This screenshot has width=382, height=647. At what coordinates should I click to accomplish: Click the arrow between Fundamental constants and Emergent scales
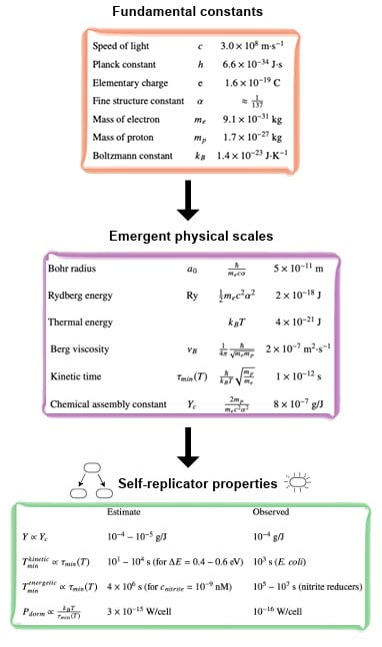coord(187,204)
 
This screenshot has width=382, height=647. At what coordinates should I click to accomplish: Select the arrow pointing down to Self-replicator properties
coord(187,449)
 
